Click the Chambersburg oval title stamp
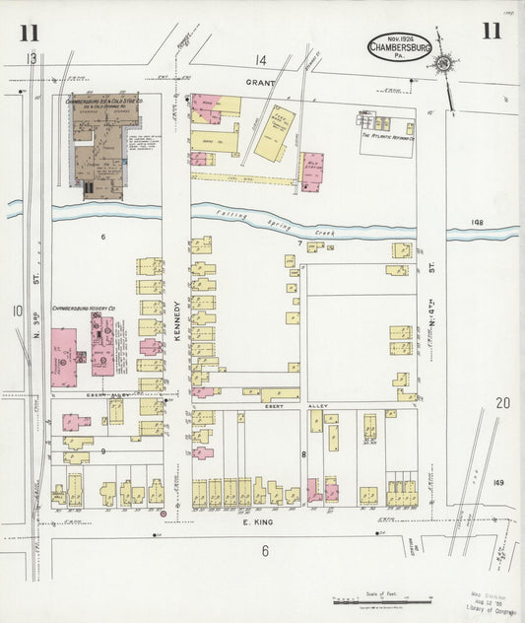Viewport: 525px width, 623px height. pyautogui.click(x=400, y=47)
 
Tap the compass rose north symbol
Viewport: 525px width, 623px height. pyautogui.click(x=444, y=64)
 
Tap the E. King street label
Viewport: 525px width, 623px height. pyautogui.click(x=258, y=524)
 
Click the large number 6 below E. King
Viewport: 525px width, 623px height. pyautogui.click(x=265, y=551)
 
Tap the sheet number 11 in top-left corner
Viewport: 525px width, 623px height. pyautogui.click(x=30, y=32)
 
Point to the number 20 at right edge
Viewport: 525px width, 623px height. pyautogui.click(x=503, y=402)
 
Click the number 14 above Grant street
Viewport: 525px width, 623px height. pyautogui.click(x=261, y=61)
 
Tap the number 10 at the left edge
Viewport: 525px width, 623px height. pyautogui.click(x=17, y=311)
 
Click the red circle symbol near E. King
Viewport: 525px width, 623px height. pyautogui.click(x=164, y=512)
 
